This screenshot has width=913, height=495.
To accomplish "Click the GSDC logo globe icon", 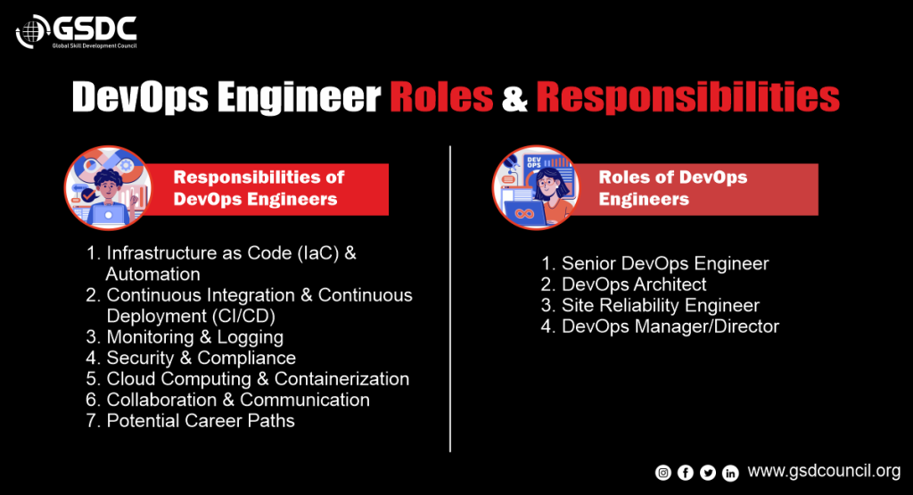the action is pyautogui.click(x=33, y=31).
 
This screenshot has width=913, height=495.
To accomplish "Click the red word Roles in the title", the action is pyautogui.click(x=441, y=96).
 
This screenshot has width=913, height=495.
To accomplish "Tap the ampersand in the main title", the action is pyautogui.click(x=514, y=98).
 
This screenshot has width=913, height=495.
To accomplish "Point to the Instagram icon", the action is pyautogui.click(x=663, y=473).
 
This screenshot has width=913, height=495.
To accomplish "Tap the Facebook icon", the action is pyautogui.click(x=686, y=473).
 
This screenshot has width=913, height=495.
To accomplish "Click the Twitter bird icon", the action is pyautogui.click(x=708, y=473).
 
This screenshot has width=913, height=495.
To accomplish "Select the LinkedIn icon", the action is pyautogui.click(x=730, y=473).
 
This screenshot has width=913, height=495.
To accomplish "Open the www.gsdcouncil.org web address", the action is pyautogui.click(x=824, y=471).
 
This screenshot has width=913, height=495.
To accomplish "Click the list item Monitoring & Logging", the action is pyautogui.click(x=194, y=337).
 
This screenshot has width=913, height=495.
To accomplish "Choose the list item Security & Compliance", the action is pyautogui.click(x=201, y=358).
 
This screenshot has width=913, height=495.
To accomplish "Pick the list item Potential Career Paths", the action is pyautogui.click(x=201, y=420).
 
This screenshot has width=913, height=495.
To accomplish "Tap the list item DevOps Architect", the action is pyautogui.click(x=634, y=285).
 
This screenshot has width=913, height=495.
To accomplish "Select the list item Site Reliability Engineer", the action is pyautogui.click(x=661, y=305).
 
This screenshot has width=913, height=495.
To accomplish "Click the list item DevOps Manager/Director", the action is pyautogui.click(x=670, y=326).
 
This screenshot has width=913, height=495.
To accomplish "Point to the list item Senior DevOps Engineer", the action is pyautogui.click(x=665, y=264).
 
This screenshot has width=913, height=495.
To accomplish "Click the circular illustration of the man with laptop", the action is pyautogui.click(x=108, y=187).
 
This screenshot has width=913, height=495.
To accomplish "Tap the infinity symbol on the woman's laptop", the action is pyautogui.click(x=524, y=214).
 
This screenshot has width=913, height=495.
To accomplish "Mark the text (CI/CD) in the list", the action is pyautogui.click(x=243, y=317).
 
